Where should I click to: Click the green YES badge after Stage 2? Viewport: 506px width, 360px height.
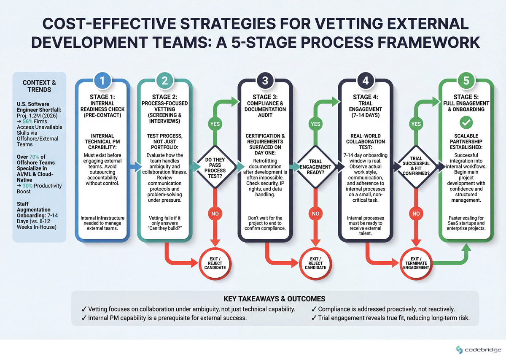tap(215, 124)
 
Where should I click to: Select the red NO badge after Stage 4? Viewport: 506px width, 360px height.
tap(416, 214)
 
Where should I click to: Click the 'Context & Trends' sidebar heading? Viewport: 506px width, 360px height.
tap(39, 87)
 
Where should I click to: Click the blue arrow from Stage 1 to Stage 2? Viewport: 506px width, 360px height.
tap(133, 168)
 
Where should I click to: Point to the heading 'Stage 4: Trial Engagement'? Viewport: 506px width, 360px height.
tap(365, 103)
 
